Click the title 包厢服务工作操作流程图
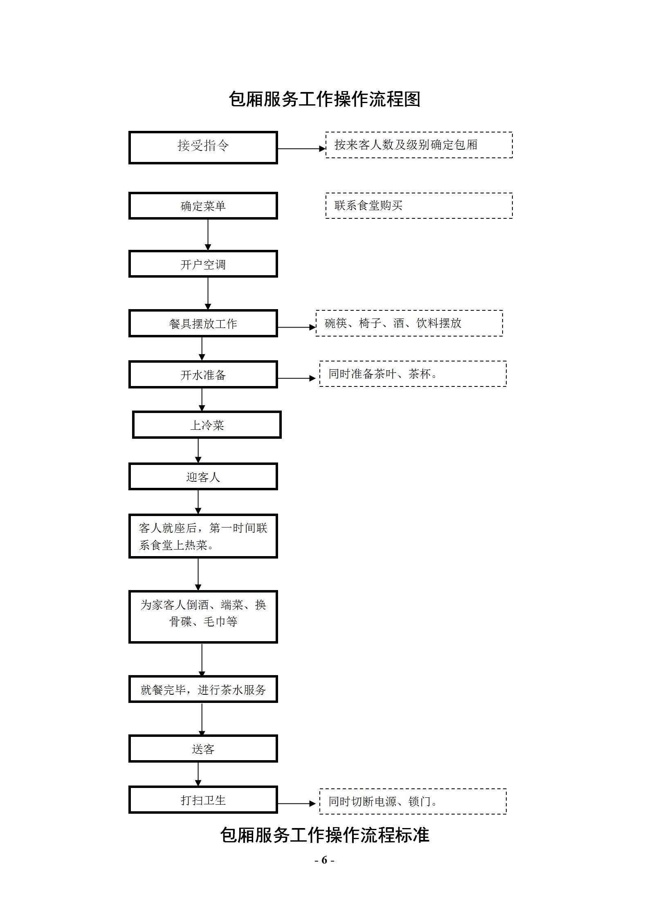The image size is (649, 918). point(324,99)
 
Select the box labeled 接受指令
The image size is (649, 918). point(203,147)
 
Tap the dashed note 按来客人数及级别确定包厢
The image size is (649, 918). point(419,145)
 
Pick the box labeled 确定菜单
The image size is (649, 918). point(203,206)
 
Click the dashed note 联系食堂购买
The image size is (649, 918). point(419,206)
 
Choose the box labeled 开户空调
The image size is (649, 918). point(203,264)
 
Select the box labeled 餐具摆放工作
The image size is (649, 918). point(203,323)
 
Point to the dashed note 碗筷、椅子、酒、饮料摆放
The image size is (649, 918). point(409,323)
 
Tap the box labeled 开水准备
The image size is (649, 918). point(203,375)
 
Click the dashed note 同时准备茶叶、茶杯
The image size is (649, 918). point(413,374)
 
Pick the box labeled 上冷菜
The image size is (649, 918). point(207,425)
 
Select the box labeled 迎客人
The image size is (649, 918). point(203,477)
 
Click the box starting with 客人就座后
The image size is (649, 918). point(203,536)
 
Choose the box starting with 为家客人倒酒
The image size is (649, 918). point(203,617)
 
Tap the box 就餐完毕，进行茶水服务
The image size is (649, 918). point(203,689)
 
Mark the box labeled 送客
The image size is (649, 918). point(203,749)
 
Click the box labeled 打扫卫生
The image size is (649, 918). point(203,800)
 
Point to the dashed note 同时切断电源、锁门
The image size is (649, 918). point(413,801)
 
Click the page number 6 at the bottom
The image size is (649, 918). point(324,860)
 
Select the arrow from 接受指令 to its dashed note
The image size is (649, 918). point(301,149)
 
